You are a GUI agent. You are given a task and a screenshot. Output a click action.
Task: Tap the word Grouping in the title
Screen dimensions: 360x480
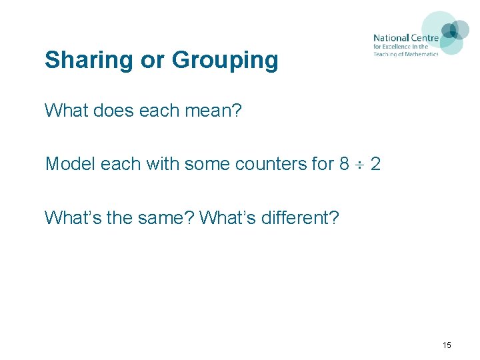tap(225, 61)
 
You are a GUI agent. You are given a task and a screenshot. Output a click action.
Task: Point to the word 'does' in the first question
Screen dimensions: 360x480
tap(114, 109)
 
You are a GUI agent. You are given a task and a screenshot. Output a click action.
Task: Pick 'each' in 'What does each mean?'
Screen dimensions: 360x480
tap(160, 109)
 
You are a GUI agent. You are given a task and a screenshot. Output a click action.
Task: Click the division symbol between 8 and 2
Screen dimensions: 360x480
tap(360, 164)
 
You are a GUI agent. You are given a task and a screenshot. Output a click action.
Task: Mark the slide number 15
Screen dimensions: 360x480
tap(447, 345)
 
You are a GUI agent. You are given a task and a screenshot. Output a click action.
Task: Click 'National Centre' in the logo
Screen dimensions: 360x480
tap(406, 38)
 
